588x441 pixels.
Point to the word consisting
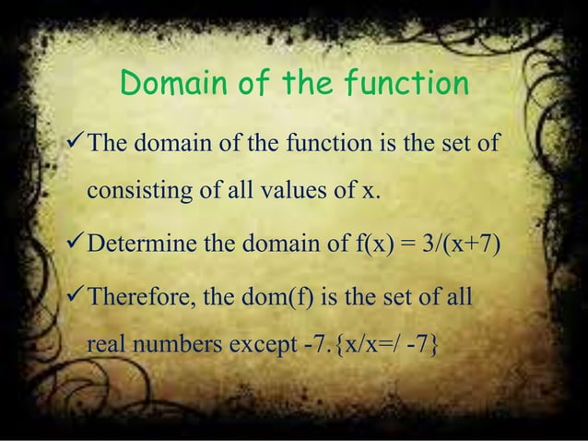click(135, 193)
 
